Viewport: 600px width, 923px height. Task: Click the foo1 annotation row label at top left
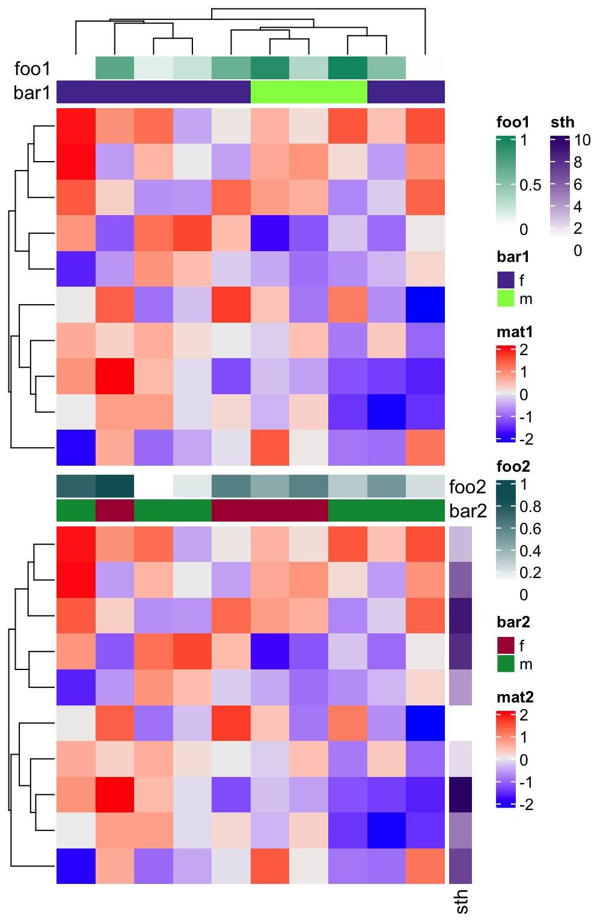click(x=32, y=69)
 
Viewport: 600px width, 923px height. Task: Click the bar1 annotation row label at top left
click(x=32, y=93)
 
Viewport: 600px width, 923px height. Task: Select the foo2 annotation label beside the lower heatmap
click(x=467, y=486)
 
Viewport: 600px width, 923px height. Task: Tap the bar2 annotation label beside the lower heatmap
click(x=468, y=511)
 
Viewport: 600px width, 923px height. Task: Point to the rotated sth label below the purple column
click(x=461, y=901)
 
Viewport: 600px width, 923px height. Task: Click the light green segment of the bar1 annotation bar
click(x=308, y=92)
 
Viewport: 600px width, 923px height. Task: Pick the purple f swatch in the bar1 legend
click(x=506, y=280)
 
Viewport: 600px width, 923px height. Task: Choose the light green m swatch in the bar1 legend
click(x=506, y=299)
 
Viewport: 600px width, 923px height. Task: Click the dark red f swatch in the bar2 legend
click(x=506, y=645)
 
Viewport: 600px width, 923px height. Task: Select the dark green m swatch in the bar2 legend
click(x=506, y=664)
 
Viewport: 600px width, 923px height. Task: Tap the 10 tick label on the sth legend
click(x=582, y=140)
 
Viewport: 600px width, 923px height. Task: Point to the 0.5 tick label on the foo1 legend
click(x=530, y=185)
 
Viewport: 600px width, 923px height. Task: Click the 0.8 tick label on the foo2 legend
click(x=530, y=507)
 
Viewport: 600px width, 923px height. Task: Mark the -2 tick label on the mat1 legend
click(x=525, y=439)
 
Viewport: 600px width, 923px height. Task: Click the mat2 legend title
click(x=515, y=697)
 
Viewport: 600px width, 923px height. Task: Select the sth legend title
click(x=562, y=123)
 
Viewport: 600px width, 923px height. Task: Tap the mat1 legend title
click(x=515, y=332)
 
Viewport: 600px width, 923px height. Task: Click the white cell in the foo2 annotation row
click(x=153, y=486)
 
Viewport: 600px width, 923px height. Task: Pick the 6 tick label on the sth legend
click(x=578, y=184)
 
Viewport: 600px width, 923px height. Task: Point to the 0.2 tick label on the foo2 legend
click(x=530, y=573)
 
